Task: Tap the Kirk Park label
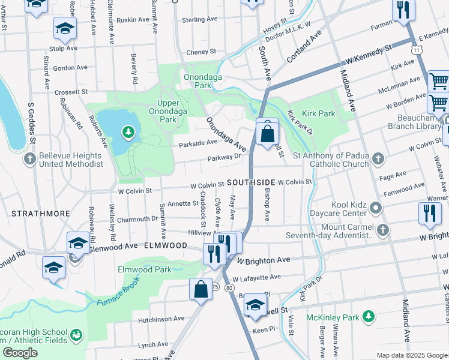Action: (x=319, y=113)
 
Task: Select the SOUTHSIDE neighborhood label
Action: (x=251, y=182)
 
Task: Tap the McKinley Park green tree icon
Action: (x=369, y=316)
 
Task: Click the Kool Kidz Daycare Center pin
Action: (x=376, y=208)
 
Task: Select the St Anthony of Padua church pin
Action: (x=378, y=158)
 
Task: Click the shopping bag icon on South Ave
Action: (x=267, y=133)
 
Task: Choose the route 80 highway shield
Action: (x=229, y=288)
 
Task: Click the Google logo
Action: (x=20, y=353)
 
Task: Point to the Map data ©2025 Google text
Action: (x=411, y=355)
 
